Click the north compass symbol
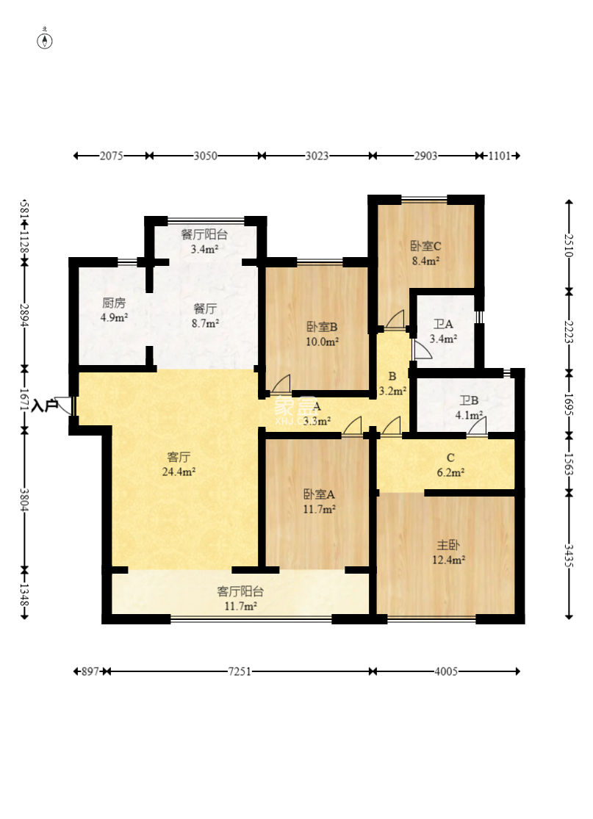pos(46,40)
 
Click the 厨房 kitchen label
pos(113,303)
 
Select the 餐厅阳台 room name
pos(204,234)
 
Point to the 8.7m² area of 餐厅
pos(205,323)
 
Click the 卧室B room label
pos(322,328)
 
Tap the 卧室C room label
pos(425,246)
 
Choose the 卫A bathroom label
pos(443,325)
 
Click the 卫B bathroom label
pos(469,401)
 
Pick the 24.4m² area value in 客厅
pos(179,472)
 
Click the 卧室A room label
pos(319,494)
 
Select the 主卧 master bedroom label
pos(448,545)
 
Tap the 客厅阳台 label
pos(240,591)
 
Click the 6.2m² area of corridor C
pos(451,473)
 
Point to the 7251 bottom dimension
pos(240,671)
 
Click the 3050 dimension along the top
pos(205,156)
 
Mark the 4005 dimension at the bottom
pos(445,671)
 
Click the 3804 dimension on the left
pos(24,500)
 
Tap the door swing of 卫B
pos(476,426)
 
